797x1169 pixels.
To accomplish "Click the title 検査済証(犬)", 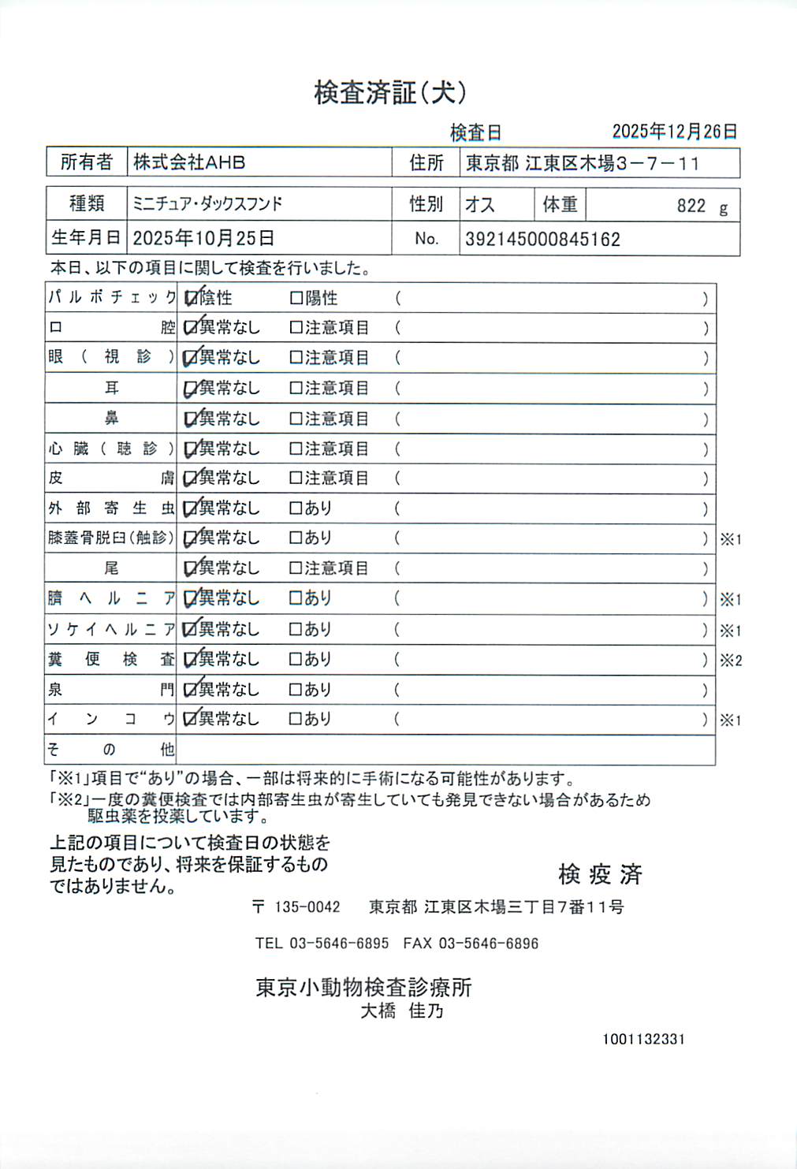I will tap(390, 93).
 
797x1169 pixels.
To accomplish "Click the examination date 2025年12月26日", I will tap(675, 132).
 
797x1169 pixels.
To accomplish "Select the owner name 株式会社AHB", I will tap(189, 162).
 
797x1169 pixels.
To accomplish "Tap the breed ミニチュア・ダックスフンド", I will tap(207, 204).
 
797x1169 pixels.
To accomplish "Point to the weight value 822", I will tap(691, 206).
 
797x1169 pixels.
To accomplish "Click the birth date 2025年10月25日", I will tap(203, 238).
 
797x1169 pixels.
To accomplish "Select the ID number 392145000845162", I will tap(542, 240).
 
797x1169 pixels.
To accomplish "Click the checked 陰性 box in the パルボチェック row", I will tap(191, 298).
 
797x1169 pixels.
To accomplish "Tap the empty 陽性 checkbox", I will tap(296, 298).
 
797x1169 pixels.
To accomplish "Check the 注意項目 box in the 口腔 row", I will tap(296, 327).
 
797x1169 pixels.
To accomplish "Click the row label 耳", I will tap(112, 388).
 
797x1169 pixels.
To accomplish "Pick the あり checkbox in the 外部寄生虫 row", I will tap(296, 508).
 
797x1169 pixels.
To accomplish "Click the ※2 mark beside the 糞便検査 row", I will tap(731, 661).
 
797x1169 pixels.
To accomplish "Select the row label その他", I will tap(110, 750).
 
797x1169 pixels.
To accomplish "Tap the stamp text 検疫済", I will tap(600, 874).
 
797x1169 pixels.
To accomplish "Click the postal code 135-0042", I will tap(307, 907).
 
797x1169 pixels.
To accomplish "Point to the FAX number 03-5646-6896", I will tap(488, 944).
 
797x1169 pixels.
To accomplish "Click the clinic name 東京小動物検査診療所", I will tap(363, 988).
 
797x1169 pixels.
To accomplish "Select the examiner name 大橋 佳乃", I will tap(402, 1011).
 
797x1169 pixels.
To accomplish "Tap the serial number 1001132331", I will tap(643, 1040).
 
